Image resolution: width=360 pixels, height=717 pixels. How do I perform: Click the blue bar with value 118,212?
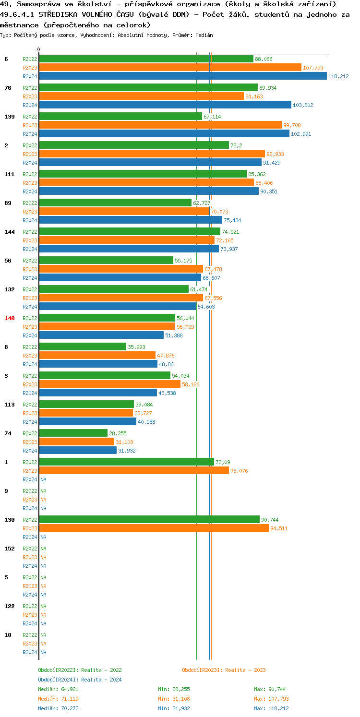pyautogui.click(x=182, y=76)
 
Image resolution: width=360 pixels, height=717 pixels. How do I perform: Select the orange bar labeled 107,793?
pyautogui.click(x=170, y=68)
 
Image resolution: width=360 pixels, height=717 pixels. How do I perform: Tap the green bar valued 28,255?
pyautogui.click(x=73, y=433)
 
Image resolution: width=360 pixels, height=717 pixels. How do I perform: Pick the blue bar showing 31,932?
pyautogui.click(x=78, y=451)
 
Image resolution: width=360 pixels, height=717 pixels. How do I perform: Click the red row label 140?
pyautogui.click(x=10, y=318)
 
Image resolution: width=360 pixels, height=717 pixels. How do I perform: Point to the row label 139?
pyautogui.click(x=10, y=117)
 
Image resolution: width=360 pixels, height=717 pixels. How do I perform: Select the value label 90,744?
pyautogui.click(x=270, y=520)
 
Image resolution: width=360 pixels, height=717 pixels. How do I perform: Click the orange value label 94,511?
pyautogui.click(x=279, y=528)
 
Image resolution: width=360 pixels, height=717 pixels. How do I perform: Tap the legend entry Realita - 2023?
pyautogui.click(x=224, y=670)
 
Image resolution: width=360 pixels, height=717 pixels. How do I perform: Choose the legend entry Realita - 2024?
pyautogui.click(x=80, y=680)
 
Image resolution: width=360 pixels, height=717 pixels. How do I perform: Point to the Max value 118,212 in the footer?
pyautogui.click(x=271, y=708)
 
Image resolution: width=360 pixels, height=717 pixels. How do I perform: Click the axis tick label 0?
pyautogui.click(x=39, y=49)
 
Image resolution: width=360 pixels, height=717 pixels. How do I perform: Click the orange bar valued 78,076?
pyautogui.click(x=134, y=471)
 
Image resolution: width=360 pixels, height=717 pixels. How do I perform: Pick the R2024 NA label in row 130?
pyautogui.click(x=43, y=537)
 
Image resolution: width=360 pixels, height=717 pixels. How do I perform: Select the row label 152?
pyautogui.click(x=10, y=549)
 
